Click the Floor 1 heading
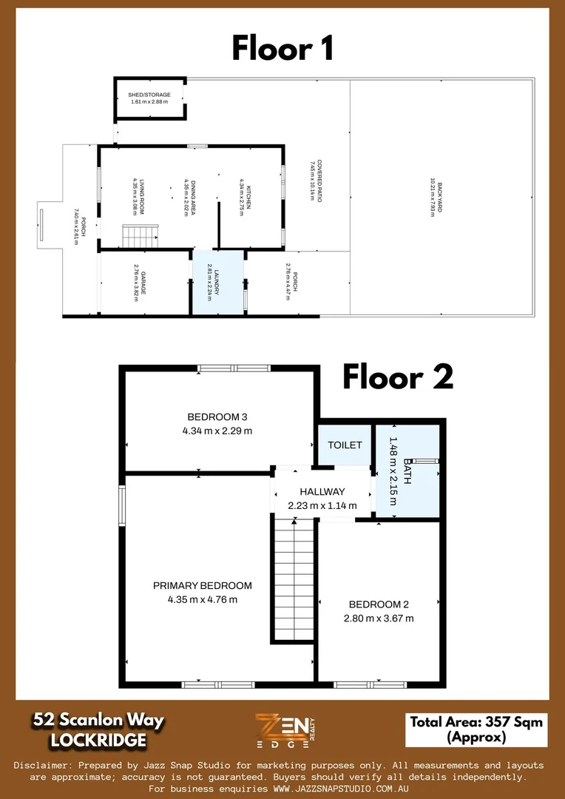282,48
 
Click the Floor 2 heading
397,377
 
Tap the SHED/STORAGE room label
149,95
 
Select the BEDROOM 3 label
217,416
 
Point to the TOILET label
345,445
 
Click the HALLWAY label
322,491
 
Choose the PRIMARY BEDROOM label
202,585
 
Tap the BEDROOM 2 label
379,604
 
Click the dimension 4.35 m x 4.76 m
202,599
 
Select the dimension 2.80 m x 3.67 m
379,618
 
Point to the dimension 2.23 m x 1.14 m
322,506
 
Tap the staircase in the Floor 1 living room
140,237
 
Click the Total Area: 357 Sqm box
476,729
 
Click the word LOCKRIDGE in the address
98,740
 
